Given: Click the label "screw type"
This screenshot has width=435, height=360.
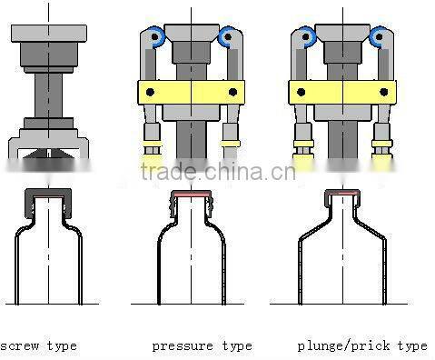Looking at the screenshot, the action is pyautogui.click(x=38, y=345).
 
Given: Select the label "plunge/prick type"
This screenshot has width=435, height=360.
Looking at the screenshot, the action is pyautogui.click(x=361, y=345).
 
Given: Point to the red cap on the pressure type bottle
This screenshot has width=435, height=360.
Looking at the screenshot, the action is pyautogui.click(x=192, y=195).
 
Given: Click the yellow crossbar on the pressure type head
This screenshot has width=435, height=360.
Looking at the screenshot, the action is pyautogui.click(x=193, y=91).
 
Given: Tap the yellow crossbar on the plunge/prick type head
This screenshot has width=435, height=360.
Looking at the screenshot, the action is pyautogui.click(x=342, y=91).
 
